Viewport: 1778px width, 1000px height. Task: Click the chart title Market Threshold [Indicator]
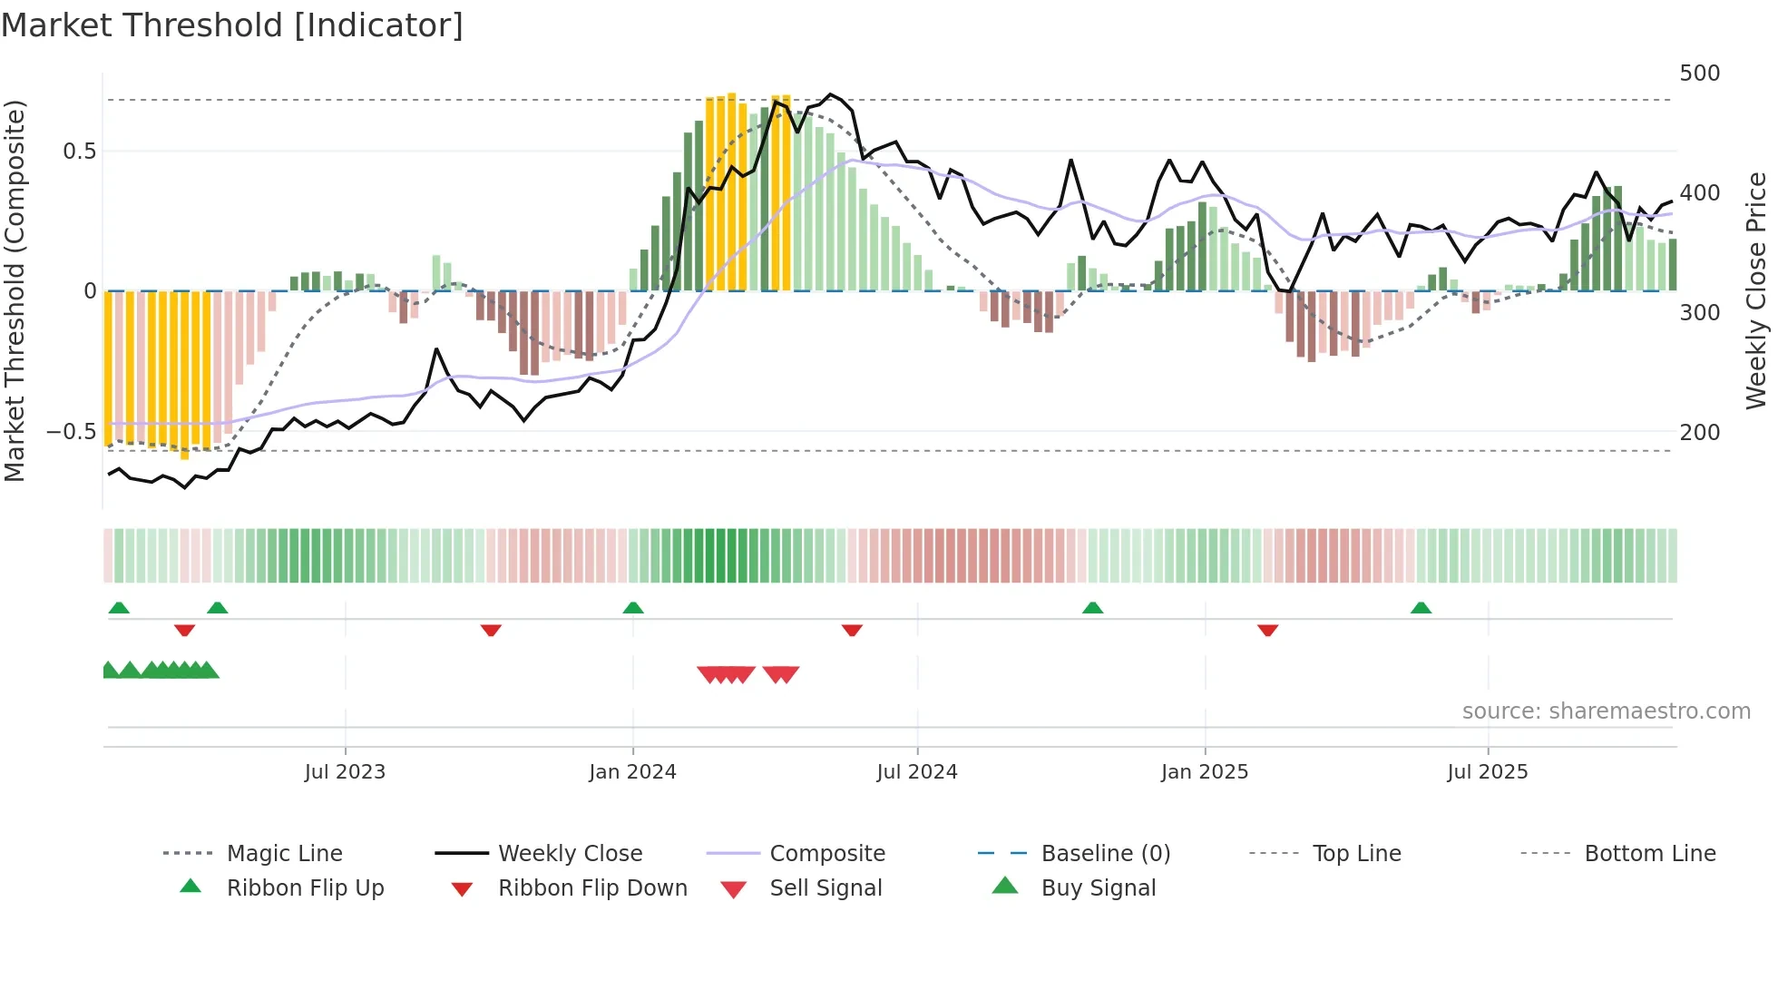[x=232, y=25]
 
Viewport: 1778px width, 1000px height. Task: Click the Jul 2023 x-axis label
[x=345, y=771]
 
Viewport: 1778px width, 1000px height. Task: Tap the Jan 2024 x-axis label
[x=632, y=771]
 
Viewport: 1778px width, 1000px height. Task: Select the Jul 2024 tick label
[x=916, y=771]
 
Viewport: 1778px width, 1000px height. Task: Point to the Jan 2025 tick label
[x=1204, y=771]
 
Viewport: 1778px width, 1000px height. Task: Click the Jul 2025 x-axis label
[x=1487, y=771]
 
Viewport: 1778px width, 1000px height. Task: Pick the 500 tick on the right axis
[x=1699, y=73]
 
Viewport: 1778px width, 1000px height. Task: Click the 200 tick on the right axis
[x=1699, y=432]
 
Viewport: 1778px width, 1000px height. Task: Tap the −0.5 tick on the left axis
[x=71, y=431]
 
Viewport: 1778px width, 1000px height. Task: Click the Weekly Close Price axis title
[x=1756, y=290]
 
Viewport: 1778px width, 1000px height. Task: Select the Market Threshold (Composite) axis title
[x=15, y=290]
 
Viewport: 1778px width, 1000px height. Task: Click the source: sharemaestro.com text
[x=1606, y=711]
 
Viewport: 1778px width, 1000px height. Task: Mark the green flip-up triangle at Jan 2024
[x=633, y=608]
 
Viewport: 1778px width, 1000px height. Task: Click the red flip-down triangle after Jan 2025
[x=1267, y=630]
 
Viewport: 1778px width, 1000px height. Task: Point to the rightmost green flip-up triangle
[x=1421, y=608]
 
